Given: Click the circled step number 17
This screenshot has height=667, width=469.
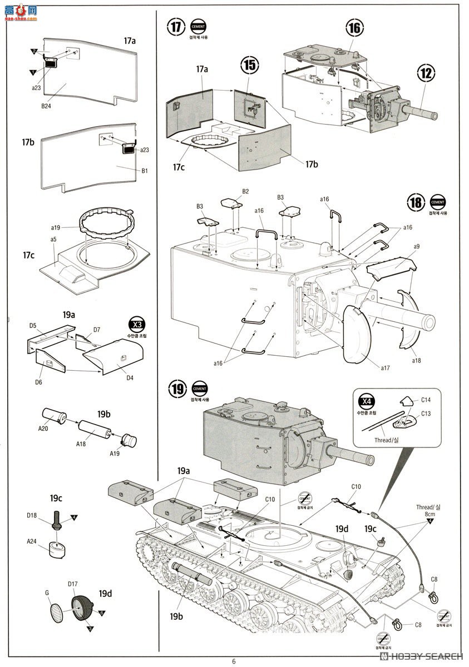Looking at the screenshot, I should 176,27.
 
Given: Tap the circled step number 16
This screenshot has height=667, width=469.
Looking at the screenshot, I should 354,27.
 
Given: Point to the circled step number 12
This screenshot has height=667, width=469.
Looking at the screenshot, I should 426,72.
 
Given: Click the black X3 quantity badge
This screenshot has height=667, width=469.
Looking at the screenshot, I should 135,325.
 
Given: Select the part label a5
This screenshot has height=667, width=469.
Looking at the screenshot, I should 54,239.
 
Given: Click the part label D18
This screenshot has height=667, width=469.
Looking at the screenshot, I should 33,515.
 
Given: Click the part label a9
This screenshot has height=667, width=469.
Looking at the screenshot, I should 416,246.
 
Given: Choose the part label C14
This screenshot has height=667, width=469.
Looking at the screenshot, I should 426,400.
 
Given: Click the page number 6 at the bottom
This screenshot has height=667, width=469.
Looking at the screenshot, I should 234,661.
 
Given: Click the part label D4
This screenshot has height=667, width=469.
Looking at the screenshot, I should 130,379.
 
